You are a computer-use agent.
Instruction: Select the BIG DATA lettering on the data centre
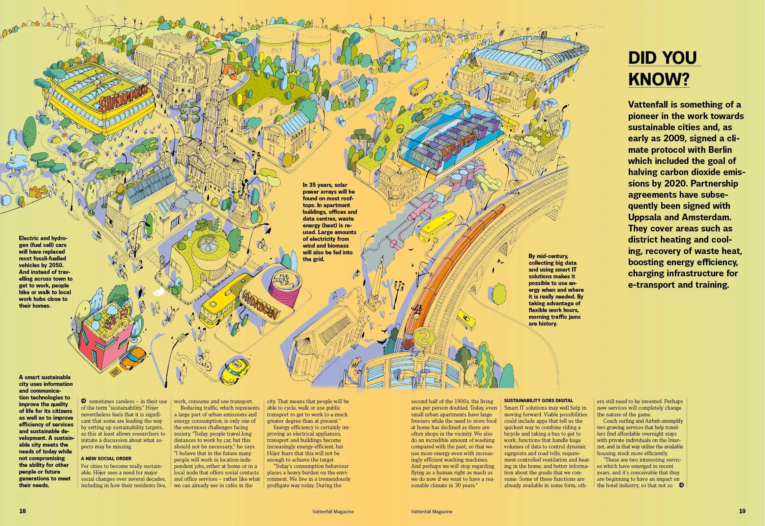tap(459, 145)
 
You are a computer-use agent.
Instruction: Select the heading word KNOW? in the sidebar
tap(658, 79)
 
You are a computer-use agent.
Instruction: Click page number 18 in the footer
tap(22, 511)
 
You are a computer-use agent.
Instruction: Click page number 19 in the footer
tap(742, 511)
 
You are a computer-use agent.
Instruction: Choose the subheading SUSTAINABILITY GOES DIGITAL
tap(538, 400)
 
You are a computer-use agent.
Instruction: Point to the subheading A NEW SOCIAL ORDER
tap(106, 459)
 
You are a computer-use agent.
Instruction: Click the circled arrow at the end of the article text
tap(681, 485)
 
